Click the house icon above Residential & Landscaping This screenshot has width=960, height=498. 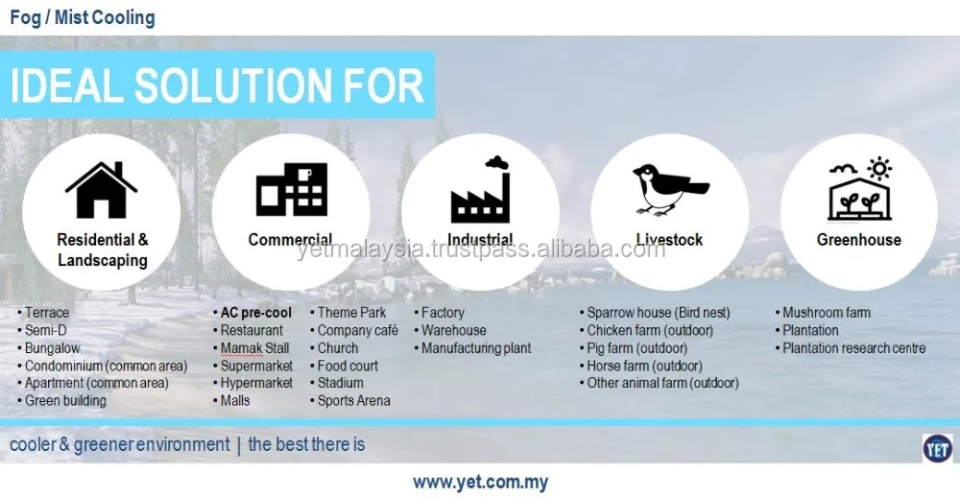click(x=101, y=190)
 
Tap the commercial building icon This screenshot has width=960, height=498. click(x=292, y=189)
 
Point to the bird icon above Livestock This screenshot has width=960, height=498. click(x=670, y=189)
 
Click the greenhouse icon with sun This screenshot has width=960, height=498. click(x=859, y=189)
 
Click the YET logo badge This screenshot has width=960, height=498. click(x=937, y=449)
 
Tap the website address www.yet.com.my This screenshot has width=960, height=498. click(x=481, y=482)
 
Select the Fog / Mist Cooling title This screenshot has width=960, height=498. click(x=83, y=17)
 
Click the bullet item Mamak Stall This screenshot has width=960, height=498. click(x=254, y=348)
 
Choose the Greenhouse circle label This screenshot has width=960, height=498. click(x=859, y=240)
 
